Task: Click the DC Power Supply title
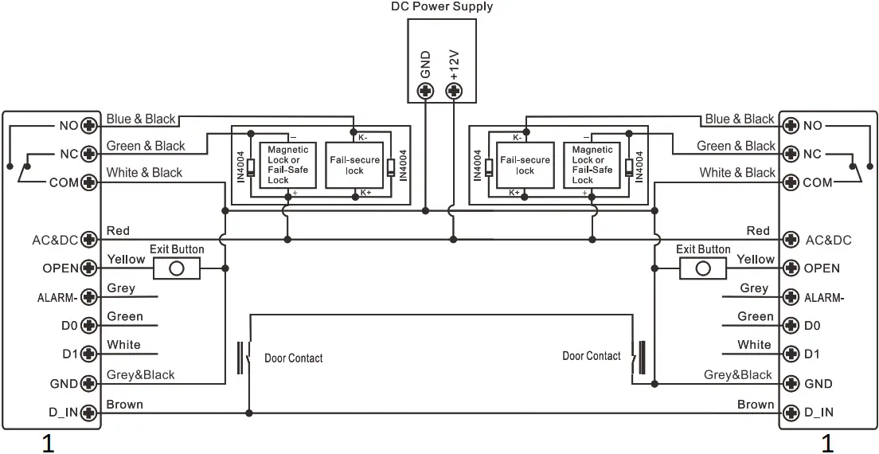coord(442,7)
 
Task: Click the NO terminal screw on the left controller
coord(89,126)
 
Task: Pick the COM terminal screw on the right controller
coord(790,182)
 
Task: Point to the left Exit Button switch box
coord(177,268)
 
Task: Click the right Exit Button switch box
coord(702,268)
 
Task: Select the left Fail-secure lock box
coord(354,165)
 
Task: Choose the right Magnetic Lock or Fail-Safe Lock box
coord(592,165)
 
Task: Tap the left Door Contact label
coord(294,358)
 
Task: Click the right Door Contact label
coord(591,356)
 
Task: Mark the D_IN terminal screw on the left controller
coord(89,413)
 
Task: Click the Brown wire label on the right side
coord(755,405)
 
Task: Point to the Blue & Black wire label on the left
coord(141,119)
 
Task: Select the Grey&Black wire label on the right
coord(737,375)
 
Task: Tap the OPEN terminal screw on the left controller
coord(89,268)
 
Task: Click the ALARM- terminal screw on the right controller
coord(790,297)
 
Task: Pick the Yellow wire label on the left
coord(126,260)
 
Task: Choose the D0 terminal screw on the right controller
coord(790,325)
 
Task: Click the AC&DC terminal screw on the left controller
coord(89,240)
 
